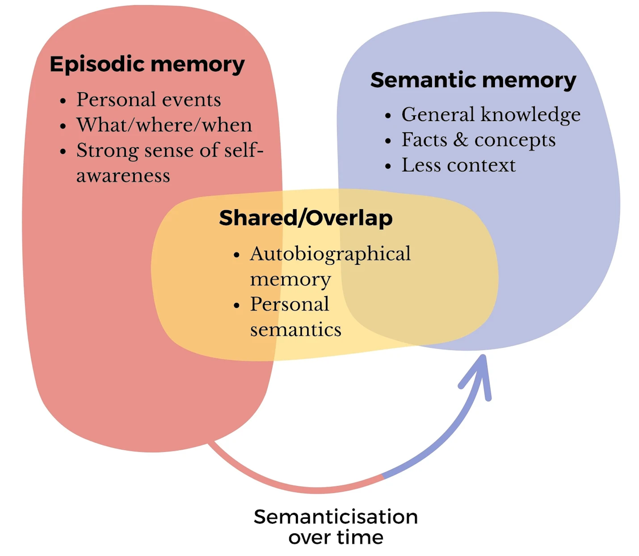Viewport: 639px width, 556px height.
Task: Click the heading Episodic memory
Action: [147, 64]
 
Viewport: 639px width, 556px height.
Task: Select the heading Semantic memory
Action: [473, 80]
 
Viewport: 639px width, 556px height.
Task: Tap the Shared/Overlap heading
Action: [306, 218]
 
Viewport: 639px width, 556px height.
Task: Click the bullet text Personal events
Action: [148, 99]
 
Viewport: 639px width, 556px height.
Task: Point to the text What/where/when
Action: [164, 125]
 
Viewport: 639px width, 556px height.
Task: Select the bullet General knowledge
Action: [491, 114]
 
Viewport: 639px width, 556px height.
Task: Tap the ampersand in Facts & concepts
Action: [460, 140]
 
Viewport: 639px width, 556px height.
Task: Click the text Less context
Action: [458, 165]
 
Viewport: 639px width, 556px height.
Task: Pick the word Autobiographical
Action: [330, 254]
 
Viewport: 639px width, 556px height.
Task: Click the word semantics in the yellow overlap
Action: [296, 330]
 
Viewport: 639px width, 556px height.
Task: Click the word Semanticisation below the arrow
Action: [335, 517]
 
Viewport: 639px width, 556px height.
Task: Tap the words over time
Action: [335, 537]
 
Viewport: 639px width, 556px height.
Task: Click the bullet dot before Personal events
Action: [63, 101]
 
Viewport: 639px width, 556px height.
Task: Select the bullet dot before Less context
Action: [388, 166]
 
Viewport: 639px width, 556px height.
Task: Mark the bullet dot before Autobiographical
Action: [237, 255]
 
